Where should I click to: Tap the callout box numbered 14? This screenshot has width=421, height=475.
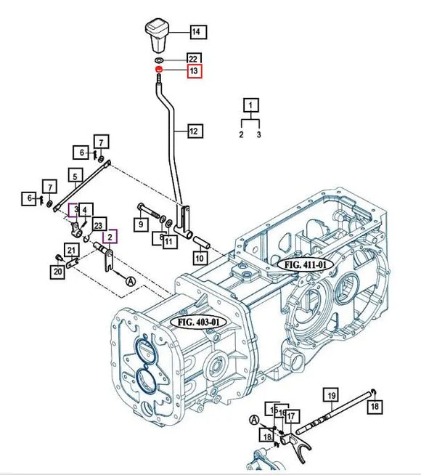pos(197,32)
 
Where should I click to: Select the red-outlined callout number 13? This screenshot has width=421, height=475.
pos(194,71)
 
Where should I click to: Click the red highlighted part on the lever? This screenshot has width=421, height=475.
pos(157,71)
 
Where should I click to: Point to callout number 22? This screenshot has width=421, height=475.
pos(194,58)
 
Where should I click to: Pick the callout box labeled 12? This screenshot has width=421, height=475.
pos(193,131)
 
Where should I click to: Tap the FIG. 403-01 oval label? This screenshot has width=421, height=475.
pos(198,320)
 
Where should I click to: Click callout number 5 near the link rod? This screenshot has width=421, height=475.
pos(74,175)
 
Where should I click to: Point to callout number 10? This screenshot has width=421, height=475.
pos(199,258)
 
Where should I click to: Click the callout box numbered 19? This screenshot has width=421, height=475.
pos(330,396)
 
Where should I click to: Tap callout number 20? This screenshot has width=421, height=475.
pos(57,272)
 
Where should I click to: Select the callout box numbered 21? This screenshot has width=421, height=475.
pos(71,251)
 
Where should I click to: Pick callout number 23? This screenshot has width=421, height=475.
pos(99,224)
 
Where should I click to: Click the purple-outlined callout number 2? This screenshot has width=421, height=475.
pos(110,236)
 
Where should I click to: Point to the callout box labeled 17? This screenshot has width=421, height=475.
pos(290,416)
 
